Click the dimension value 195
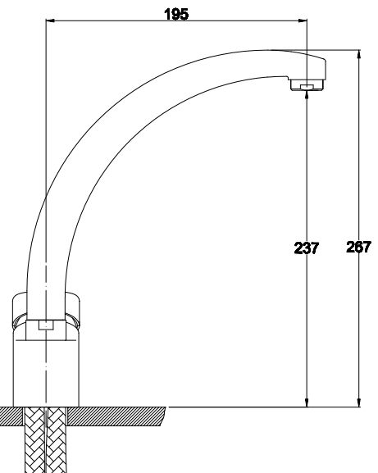point(176,14)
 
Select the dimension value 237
point(306,248)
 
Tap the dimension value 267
point(358,247)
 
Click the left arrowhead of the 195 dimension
point(50,20)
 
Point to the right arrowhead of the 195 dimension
point(303,20)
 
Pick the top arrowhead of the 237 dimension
point(307,95)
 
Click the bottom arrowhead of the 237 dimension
point(307,403)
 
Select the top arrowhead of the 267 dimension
point(358,54)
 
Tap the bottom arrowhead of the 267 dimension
point(358,403)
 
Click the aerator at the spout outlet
point(307,84)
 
